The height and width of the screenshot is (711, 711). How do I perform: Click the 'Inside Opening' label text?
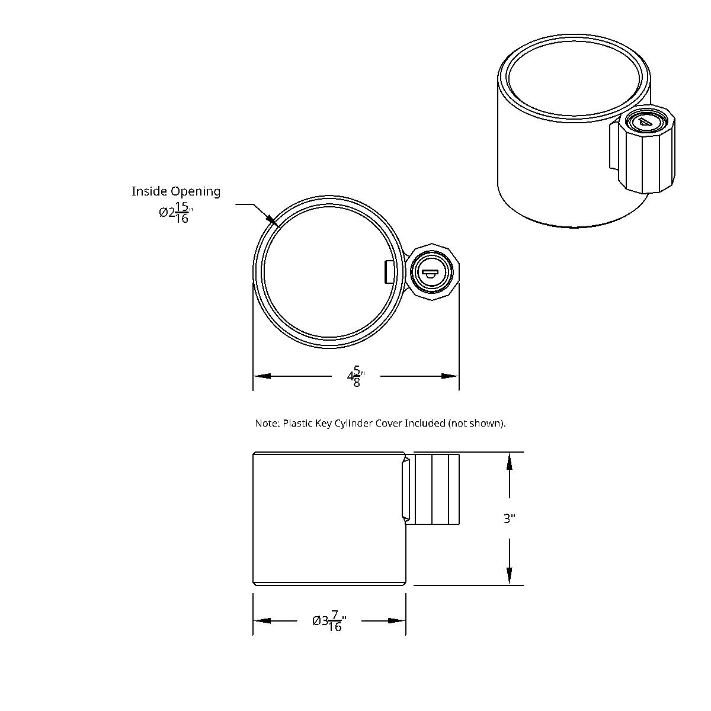pos(175,191)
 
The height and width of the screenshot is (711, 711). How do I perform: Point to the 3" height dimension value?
pos(510,519)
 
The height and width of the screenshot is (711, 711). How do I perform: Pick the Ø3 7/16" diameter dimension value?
pos(329,622)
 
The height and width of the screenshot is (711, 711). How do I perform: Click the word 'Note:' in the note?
pos(267,423)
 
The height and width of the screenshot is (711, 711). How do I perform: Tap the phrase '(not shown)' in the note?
pos(476,423)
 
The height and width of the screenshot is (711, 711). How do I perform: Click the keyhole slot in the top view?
pos(429,273)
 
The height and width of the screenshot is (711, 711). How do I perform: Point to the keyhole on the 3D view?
pos(643,121)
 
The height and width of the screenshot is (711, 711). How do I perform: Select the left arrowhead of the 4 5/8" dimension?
pos(262,376)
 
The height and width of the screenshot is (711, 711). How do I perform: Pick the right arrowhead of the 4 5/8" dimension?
pos(450,376)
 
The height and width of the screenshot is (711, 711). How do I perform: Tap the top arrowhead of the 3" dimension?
pos(510,462)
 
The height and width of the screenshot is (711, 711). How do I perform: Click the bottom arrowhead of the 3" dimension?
pos(510,575)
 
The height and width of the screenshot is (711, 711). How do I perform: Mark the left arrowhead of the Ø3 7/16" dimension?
pos(262,621)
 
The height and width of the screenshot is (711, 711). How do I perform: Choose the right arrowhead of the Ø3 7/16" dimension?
pos(396,621)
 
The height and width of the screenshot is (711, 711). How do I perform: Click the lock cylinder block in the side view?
pos(437,489)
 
